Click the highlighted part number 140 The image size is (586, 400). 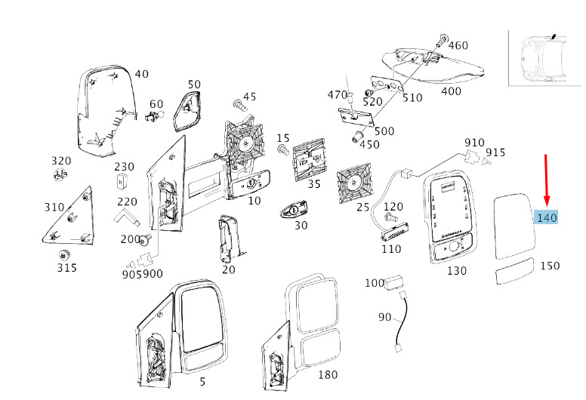pyautogui.click(x=546, y=217)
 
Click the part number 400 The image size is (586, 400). pyautogui.click(x=451, y=91)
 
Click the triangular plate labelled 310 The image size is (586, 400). pyautogui.click(x=68, y=220)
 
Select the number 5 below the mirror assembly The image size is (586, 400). pyautogui.click(x=202, y=382)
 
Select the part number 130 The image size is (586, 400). pyautogui.click(x=457, y=270)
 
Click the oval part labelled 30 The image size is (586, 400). pyautogui.click(x=293, y=211)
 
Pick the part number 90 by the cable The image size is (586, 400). pyautogui.click(x=385, y=317)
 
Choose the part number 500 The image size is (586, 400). pyautogui.click(x=384, y=131)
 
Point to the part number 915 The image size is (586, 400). pyautogui.click(x=495, y=152)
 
